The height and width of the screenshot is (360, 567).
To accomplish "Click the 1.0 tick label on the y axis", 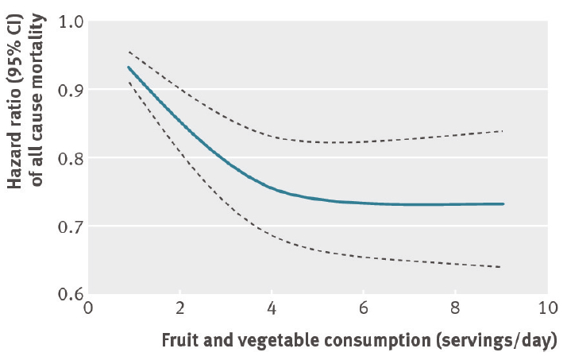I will (x=71, y=21).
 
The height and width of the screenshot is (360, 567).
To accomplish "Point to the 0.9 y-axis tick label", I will (x=71, y=90).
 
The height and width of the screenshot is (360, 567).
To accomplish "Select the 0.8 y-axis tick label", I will (x=71, y=158).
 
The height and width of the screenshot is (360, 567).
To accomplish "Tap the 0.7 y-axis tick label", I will (x=71, y=226).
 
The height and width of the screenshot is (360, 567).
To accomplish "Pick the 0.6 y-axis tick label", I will (x=71, y=295).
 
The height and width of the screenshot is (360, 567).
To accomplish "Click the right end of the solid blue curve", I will (x=503, y=204).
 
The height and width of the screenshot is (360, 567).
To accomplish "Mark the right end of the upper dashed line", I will (x=503, y=130).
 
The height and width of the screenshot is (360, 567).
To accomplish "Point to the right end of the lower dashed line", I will (x=500, y=267).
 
